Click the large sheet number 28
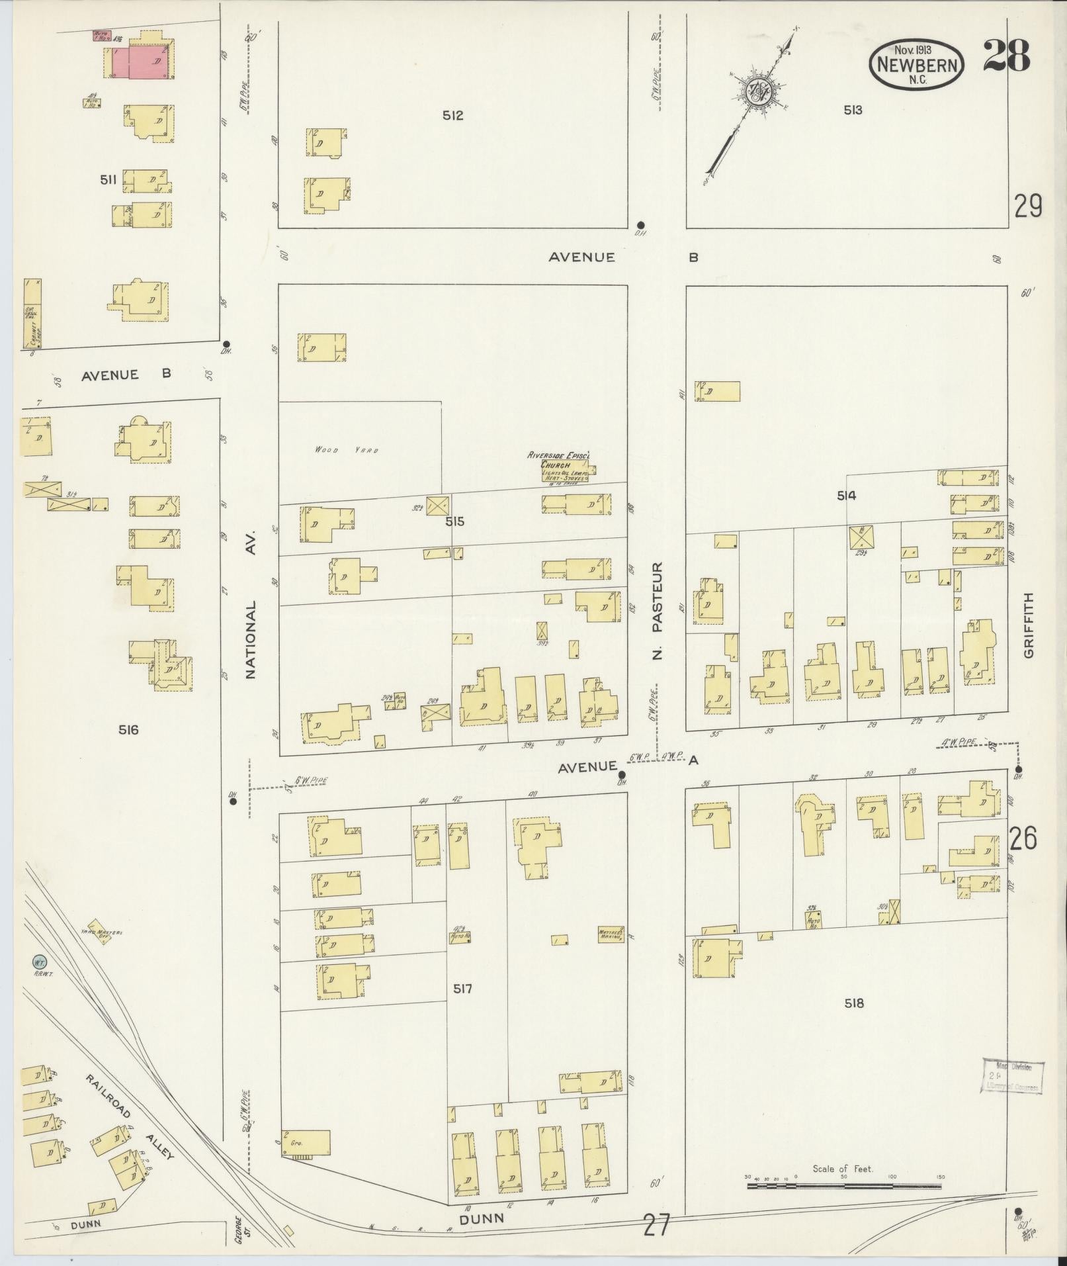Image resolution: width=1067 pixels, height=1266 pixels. (1006, 56)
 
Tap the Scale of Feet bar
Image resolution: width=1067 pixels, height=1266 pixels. (844, 1187)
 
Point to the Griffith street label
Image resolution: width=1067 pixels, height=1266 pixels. (1027, 625)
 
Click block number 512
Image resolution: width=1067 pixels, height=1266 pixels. (452, 116)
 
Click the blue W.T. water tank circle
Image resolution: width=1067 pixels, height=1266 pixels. (38, 960)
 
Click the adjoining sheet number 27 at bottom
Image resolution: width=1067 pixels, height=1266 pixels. (656, 1226)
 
